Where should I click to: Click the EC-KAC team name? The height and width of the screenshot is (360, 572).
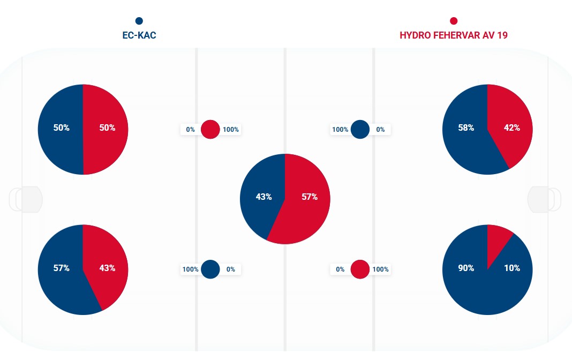139,36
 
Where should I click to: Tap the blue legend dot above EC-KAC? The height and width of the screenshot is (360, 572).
139,21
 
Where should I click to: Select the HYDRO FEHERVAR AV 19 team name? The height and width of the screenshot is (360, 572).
454,36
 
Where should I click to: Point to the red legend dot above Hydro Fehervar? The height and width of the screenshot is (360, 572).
454,21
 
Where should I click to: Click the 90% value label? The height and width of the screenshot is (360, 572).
466,268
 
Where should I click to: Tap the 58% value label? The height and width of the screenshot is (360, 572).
466,128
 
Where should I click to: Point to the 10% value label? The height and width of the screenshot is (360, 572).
512,268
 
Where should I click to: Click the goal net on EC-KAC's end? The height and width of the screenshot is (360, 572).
26,199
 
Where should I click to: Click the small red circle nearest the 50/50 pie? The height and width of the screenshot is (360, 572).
210,130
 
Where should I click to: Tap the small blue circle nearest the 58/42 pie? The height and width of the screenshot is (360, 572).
360,130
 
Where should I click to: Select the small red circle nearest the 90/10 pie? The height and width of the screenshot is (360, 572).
360,269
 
